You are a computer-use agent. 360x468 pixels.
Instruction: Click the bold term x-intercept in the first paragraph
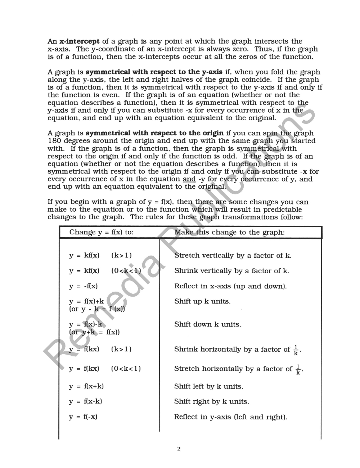[79, 41]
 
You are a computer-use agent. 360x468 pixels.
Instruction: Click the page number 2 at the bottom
[179, 449]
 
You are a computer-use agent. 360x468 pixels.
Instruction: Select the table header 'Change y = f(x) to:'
[101, 232]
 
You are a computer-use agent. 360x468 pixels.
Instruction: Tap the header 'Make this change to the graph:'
[229, 232]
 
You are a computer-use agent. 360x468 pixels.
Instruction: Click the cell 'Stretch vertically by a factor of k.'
[233, 256]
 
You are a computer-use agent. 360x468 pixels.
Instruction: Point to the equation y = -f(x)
[83, 286]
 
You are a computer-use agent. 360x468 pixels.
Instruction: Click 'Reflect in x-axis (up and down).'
[230, 286]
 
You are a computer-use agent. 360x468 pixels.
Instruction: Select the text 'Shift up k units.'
[202, 301]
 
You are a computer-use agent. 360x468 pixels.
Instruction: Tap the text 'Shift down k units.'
[207, 324]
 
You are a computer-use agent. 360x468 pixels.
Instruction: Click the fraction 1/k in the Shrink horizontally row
[296, 350]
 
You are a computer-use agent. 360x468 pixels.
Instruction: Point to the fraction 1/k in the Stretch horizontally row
[298, 369]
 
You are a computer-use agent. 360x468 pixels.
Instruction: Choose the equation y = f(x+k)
[86, 386]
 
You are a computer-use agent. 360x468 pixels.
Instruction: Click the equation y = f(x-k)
[86, 401]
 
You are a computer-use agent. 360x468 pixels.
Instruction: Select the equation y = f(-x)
[83, 417]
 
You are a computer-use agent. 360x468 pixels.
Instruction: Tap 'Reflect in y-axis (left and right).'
[230, 417]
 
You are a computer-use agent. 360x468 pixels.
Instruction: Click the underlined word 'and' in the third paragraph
[189, 179]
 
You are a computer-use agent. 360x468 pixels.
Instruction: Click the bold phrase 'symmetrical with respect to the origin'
[154, 133]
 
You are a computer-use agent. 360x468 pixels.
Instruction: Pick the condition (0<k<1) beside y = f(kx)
[126, 368]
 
